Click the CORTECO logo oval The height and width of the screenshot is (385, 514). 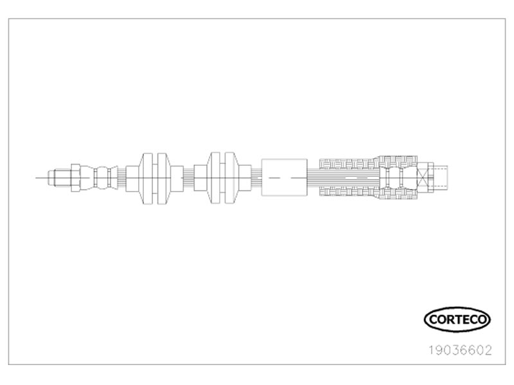(457, 308)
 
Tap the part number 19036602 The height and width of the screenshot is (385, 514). (461, 350)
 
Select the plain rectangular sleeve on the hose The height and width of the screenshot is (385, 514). (284, 177)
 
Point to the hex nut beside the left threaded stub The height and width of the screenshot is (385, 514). (75, 178)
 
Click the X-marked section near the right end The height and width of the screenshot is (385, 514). (422, 178)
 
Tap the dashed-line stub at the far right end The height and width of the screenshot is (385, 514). (441, 178)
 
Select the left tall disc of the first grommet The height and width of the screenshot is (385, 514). (148, 179)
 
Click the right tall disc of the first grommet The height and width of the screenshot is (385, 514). (163, 179)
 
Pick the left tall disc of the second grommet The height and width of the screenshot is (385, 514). (215, 178)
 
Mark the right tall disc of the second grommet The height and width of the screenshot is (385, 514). (229, 178)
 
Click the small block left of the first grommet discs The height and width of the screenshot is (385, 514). (132, 179)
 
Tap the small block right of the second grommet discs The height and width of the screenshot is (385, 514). (245, 178)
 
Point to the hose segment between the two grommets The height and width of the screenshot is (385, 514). (188, 178)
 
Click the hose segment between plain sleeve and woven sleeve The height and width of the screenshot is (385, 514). (314, 178)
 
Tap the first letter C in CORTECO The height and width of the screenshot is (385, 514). (432, 319)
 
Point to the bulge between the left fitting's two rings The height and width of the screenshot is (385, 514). (102, 178)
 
